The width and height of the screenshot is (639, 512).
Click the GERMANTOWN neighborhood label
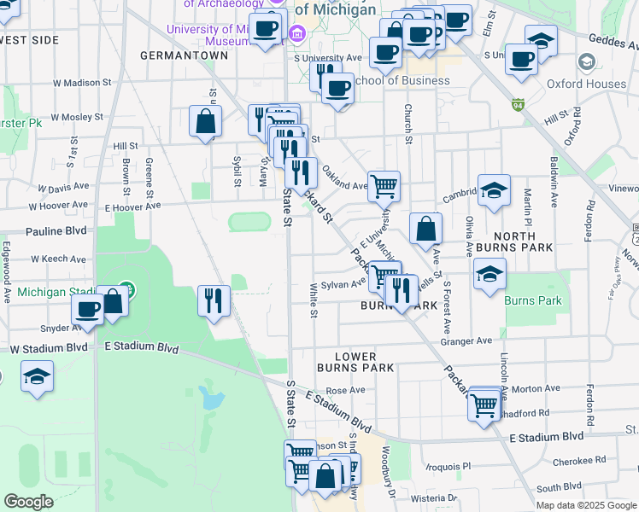click(x=185, y=55)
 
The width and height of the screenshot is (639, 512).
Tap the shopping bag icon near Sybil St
click(x=206, y=121)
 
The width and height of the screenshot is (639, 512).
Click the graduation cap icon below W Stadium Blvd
click(x=38, y=377)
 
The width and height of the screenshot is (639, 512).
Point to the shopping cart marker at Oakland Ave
click(x=384, y=185)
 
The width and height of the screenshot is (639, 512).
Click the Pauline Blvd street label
click(x=56, y=231)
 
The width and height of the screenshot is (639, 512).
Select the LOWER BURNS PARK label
click(x=355, y=362)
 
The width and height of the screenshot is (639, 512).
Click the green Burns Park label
click(x=533, y=301)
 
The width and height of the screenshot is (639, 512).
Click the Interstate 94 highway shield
click(x=518, y=106)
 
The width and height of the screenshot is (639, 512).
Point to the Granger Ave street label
click(x=466, y=340)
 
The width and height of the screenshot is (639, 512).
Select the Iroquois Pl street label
click(x=448, y=467)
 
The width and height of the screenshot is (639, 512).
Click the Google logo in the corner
click(x=29, y=502)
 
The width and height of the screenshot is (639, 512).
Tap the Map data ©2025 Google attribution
click(x=585, y=505)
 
